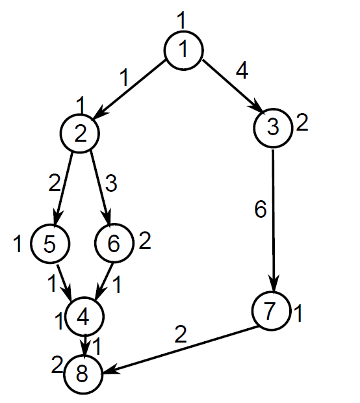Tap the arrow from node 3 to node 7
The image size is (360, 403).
(x=273, y=220)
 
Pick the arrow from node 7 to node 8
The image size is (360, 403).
(x=181, y=350)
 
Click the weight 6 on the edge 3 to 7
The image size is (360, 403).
(x=261, y=209)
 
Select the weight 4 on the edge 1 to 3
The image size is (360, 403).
(x=242, y=70)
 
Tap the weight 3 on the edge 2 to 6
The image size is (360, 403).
(x=111, y=183)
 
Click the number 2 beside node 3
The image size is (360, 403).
(x=302, y=123)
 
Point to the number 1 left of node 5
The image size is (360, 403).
(x=18, y=243)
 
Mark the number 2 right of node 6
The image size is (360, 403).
(x=145, y=240)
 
